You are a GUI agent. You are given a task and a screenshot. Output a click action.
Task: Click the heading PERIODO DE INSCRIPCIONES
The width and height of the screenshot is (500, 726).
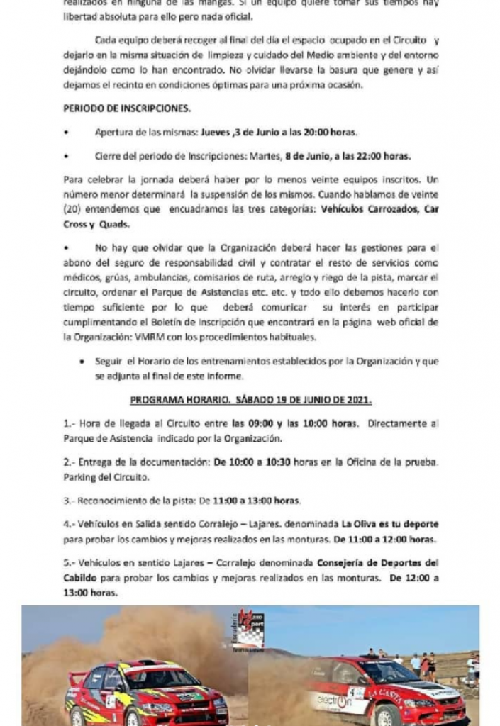point(127,109)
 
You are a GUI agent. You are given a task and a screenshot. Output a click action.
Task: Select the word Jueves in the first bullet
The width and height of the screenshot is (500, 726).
point(216,133)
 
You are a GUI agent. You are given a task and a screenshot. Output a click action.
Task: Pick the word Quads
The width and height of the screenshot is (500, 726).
point(114,223)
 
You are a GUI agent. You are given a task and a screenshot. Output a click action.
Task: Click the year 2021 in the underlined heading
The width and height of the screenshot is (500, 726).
point(357,400)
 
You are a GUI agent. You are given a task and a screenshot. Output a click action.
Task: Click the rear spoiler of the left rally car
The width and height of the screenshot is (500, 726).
point(77,678)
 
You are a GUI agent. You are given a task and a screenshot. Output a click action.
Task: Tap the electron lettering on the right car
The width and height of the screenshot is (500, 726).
point(333,701)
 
